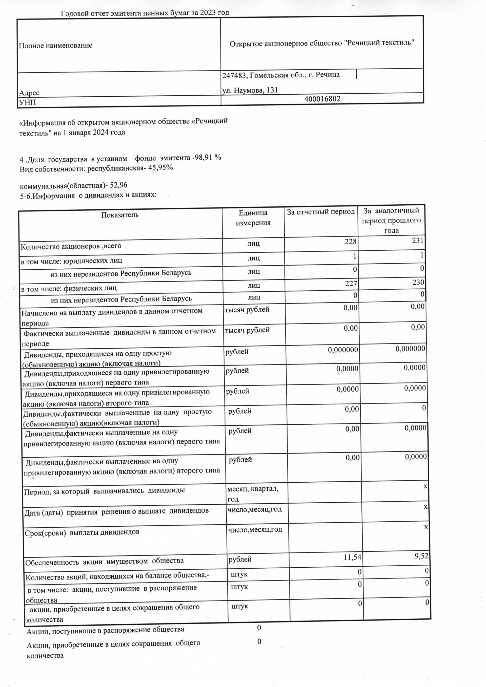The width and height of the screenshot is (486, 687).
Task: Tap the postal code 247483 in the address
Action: [234, 75]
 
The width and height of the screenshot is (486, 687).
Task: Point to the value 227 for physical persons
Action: [351, 283]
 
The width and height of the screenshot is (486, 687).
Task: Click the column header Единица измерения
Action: [253, 218]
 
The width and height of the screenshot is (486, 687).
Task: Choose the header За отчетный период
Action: [321, 212]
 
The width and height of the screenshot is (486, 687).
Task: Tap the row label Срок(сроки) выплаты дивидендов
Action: [82, 532]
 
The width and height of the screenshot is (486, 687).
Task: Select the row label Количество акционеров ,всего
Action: [71, 246]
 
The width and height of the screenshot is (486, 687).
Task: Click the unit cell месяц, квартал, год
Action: [253, 494]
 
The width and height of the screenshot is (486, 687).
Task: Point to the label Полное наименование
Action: [56, 46]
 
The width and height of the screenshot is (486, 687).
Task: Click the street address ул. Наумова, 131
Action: [250, 90]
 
